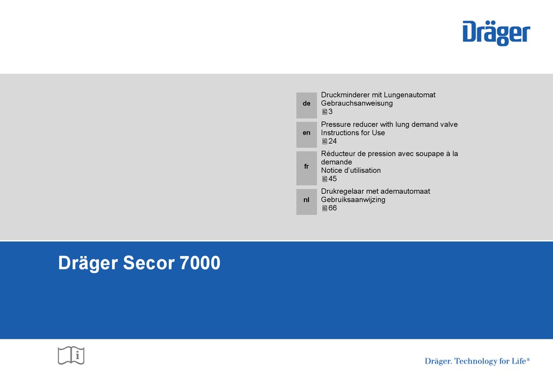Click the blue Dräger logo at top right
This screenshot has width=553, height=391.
(x=496, y=33)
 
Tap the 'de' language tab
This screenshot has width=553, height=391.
(x=306, y=105)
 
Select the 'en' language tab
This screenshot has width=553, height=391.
(x=306, y=134)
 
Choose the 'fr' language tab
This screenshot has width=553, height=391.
(x=306, y=168)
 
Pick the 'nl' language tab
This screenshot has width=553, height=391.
(x=306, y=201)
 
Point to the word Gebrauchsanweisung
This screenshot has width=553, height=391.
(x=357, y=104)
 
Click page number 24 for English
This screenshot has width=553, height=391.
(x=332, y=141)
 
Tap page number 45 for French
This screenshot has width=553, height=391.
(x=332, y=179)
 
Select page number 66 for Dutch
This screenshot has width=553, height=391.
(x=332, y=208)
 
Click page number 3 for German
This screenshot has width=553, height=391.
(x=331, y=111)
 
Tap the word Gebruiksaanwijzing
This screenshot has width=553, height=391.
(x=353, y=200)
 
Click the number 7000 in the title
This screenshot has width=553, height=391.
(x=200, y=262)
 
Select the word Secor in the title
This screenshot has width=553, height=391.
(x=148, y=262)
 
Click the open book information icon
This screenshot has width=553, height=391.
(x=71, y=356)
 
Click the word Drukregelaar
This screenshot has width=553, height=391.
(x=343, y=191)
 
